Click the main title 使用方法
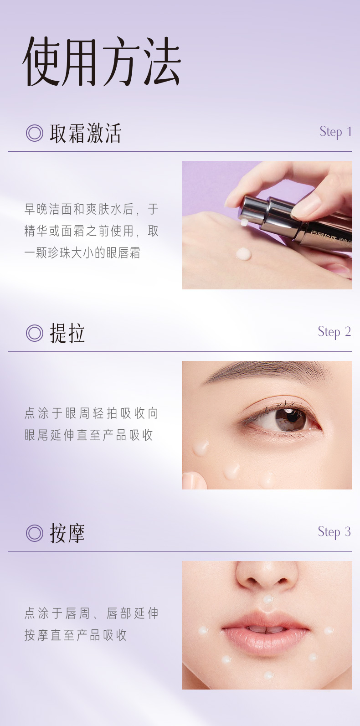tap(102, 62)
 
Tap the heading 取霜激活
tap(85, 133)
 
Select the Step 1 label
tap(335, 132)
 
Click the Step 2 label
tap(334, 332)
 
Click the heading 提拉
tap(67, 333)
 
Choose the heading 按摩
tap(67, 533)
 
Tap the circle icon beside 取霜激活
tap(34, 133)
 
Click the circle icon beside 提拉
tap(34, 333)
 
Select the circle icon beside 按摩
tap(34, 533)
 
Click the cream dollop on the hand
tap(243, 254)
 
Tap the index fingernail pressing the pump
tap(305, 206)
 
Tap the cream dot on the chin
tap(268, 675)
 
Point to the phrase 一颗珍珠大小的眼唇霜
tap(82, 253)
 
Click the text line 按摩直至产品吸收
tap(76, 635)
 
